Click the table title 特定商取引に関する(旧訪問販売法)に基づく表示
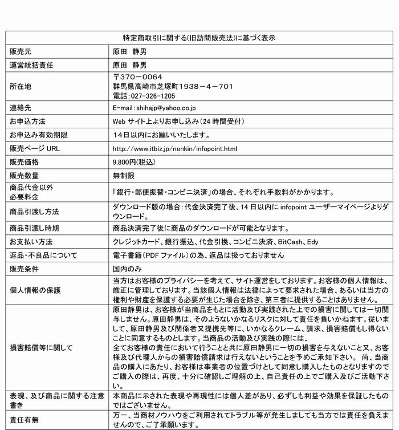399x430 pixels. [x=199, y=38]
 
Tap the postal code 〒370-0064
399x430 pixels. [x=138, y=77]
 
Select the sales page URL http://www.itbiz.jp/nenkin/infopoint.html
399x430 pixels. [x=174, y=148]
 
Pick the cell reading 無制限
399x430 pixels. [x=124, y=176]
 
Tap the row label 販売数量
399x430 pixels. [x=24, y=176]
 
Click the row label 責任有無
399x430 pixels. [x=24, y=419]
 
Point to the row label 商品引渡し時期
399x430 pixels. [x=35, y=228]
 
